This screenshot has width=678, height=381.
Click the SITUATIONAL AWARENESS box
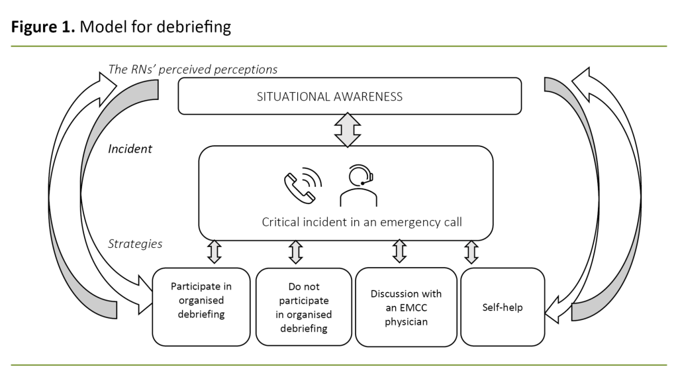click(x=350, y=96)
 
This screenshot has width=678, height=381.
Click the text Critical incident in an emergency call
click(x=362, y=222)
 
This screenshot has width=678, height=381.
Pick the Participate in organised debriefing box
click(x=201, y=306)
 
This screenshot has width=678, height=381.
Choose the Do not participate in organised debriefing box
click(x=304, y=307)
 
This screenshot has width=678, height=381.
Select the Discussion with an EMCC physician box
click(x=406, y=307)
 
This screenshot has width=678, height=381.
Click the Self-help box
click(x=502, y=307)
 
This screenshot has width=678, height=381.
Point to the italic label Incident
click(x=130, y=149)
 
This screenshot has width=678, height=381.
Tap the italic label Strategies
click(x=134, y=244)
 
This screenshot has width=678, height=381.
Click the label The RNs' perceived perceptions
click(x=192, y=69)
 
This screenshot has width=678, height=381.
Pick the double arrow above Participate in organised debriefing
click(x=214, y=252)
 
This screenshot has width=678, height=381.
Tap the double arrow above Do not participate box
click(x=295, y=252)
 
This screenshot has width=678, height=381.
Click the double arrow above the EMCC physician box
click(x=399, y=252)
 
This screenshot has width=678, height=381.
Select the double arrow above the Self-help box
click(x=471, y=252)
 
